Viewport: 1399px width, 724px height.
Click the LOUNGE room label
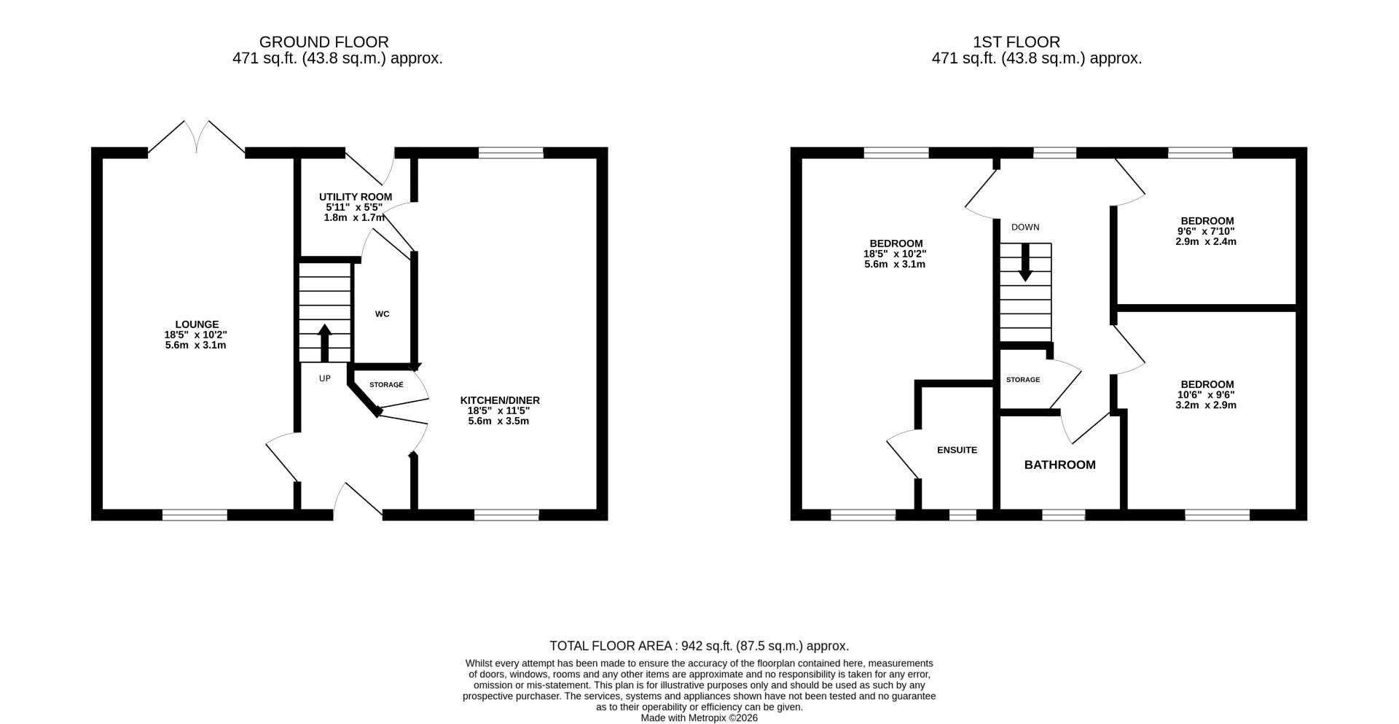(x=197, y=324)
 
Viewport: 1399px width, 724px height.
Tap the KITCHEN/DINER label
(x=500, y=400)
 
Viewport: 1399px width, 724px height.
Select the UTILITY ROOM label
(x=356, y=197)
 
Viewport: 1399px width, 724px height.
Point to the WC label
(x=382, y=314)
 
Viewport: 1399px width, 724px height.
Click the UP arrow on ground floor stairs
(x=325, y=343)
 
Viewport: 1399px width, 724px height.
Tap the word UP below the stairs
(x=325, y=378)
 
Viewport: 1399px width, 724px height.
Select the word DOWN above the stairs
(x=1025, y=227)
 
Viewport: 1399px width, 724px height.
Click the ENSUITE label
(x=957, y=450)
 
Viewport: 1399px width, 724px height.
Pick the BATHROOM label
(x=1060, y=465)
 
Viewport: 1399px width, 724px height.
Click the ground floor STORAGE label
(x=386, y=385)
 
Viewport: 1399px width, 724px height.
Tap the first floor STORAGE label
(x=1023, y=380)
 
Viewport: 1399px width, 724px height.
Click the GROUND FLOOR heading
(x=324, y=42)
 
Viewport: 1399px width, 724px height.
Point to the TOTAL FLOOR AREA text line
(x=699, y=646)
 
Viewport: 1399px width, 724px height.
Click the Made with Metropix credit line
(x=699, y=718)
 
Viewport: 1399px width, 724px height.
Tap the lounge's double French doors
(x=197, y=138)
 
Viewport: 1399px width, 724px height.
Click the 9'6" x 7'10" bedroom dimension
(x=1206, y=232)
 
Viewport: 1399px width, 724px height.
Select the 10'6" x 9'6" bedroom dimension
(x=1206, y=395)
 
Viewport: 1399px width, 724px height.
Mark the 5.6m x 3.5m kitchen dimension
(x=498, y=421)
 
